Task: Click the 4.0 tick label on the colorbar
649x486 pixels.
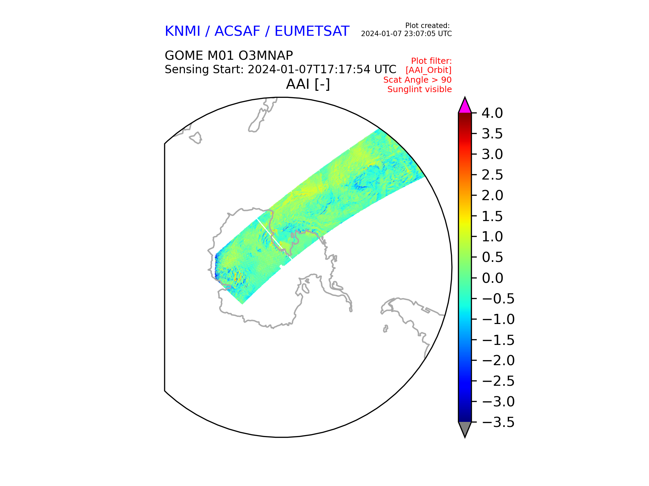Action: click(492, 113)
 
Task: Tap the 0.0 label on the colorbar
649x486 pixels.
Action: click(492, 278)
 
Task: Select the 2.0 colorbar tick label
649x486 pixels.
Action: click(492, 195)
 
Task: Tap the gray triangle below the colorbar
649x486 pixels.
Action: click(465, 429)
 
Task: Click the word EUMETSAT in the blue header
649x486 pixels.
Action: click(312, 31)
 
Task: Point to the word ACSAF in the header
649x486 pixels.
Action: click(237, 31)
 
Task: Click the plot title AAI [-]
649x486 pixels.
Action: click(308, 84)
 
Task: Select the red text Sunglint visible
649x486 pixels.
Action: click(419, 89)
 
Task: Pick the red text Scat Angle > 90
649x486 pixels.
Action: click(417, 80)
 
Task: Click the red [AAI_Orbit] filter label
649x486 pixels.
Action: click(429, 70)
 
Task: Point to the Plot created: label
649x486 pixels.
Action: click(427, 26)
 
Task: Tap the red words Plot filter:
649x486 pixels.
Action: click(431, 61)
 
